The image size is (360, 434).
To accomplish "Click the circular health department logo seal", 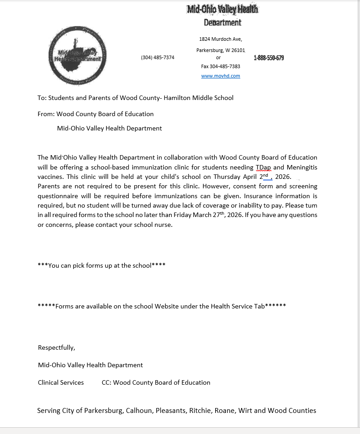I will click(78, 56).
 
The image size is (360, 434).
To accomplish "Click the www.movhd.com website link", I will click(221, 76).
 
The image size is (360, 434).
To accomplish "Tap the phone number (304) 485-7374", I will click(157, 57).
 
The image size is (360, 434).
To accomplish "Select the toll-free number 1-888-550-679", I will click(269, 58).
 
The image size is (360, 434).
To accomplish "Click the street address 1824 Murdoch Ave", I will click(221, 39).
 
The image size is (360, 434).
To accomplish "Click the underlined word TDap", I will click(264, 167).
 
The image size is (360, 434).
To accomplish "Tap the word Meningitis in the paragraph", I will click(302, 167).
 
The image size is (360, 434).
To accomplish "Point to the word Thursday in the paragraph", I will click(226, 177).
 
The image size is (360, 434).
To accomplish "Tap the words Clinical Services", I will click(61, 382).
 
